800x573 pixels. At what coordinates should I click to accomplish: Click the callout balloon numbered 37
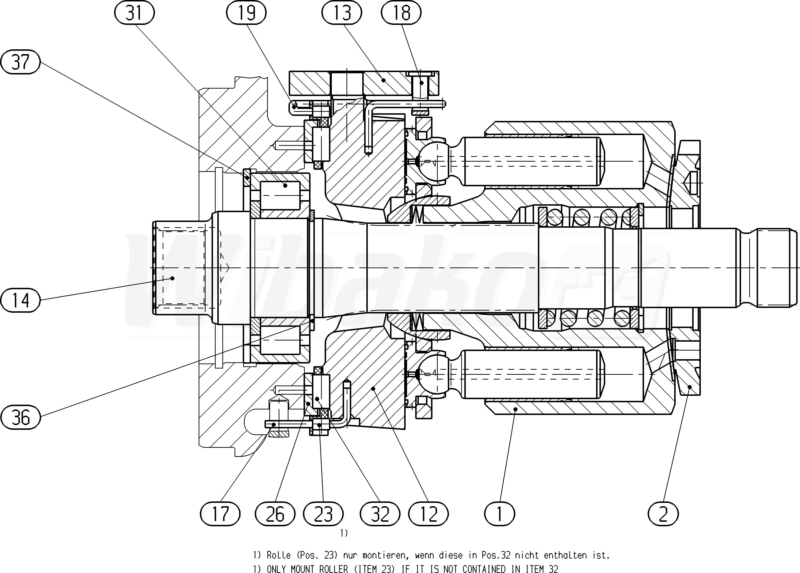tap(20, 62)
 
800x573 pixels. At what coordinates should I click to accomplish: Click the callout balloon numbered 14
tap(20, 300)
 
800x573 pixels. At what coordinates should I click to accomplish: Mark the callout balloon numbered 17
tap(220, 514)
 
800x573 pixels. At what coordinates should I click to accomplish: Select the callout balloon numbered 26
tap(275, 514)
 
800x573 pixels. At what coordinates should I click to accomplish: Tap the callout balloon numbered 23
tap(323, 514)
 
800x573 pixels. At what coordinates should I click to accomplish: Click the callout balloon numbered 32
tap(380, 514)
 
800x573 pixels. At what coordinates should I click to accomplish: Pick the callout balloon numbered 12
tap(428, 514)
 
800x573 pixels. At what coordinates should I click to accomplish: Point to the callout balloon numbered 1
tap(500, 514)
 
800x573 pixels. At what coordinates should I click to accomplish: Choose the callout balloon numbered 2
tap(663, 514)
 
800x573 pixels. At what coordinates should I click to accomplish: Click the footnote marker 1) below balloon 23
tap(344, 533)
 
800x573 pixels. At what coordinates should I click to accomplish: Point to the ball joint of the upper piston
tap(435, 161)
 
